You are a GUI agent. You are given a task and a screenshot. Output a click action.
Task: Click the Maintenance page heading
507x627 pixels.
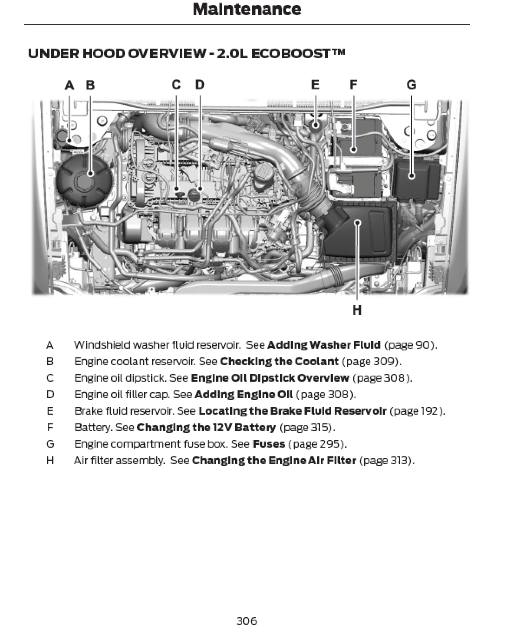pyautogui.click(x=247, y=9)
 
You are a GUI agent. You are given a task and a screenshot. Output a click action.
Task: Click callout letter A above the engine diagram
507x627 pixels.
pyautogui.click(x=69, y=85)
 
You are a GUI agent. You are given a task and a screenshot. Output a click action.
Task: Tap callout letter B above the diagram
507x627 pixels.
pyautogui.click(x=90, y=85)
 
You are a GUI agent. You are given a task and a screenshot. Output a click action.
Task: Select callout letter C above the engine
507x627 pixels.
pyautogui.click(x=176, y=85)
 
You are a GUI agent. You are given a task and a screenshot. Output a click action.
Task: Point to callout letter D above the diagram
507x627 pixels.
pyautogui.click(x=200, y=85)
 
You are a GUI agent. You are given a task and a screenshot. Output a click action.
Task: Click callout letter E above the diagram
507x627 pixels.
pyautogui.click(x=316, y=85)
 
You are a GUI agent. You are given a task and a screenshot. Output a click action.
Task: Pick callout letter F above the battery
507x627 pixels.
pyautogui.click(x=354, y=85)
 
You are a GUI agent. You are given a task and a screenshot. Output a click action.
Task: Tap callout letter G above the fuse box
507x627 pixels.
pyautogui.click(x=411, y=85)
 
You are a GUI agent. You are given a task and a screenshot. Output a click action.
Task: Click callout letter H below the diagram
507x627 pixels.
pyautogui.click(x=357, y=310)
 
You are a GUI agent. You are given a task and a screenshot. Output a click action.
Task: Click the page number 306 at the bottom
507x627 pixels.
pyautogui.click(x=247, y=620)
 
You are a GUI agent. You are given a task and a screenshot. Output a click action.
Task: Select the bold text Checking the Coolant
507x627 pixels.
pyautogui.click(x=279, y=361)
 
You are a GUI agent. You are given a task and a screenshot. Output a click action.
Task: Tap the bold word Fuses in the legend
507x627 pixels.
pyautogui.click(x=269, y=444)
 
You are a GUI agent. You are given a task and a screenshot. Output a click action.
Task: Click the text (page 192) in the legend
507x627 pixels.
pyautogui.click(x=417, y=411)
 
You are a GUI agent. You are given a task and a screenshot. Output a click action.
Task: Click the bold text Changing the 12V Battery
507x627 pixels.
pyautogui.click(x=206, y=427)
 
